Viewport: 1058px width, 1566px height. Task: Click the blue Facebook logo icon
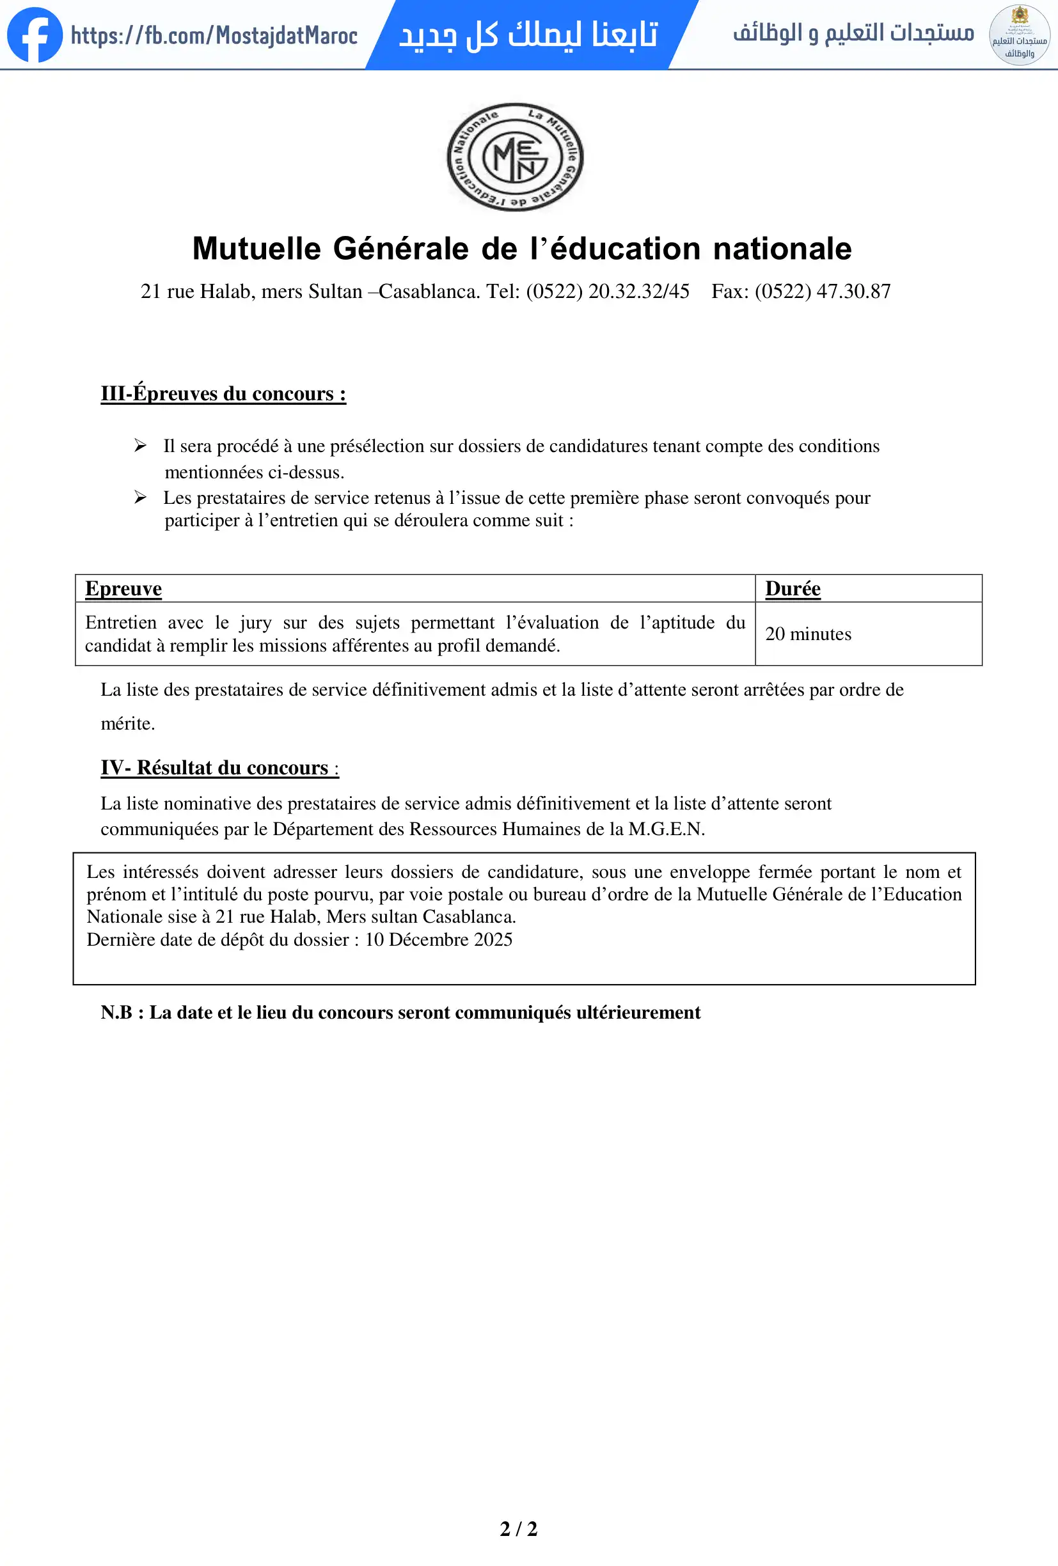pos(35,35)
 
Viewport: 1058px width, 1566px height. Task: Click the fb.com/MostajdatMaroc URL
pos(214,35)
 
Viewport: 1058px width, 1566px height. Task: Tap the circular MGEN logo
pos(516,157)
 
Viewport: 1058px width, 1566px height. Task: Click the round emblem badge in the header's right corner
pos(1019,35)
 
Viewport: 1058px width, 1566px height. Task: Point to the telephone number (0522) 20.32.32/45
pos(608,291)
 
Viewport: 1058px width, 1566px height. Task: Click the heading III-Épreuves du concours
pos(223,393)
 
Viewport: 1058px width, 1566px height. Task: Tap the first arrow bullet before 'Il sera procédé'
pos(140,446)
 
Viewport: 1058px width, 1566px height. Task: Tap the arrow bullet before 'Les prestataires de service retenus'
pos(140,497)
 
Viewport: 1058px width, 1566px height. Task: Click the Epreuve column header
pos(123,588)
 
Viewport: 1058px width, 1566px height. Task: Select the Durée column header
pos(793,588)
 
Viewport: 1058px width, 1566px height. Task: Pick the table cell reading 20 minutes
pos(808,634)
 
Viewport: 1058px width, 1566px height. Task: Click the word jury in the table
pos(255,623)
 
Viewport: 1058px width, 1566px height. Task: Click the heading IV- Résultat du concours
pos(219,767)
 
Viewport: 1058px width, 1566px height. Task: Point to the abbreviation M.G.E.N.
pos(666,829)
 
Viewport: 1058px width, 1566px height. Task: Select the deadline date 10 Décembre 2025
pos(439,940)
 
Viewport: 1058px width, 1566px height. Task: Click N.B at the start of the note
pos(116,1012)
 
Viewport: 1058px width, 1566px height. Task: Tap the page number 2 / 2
pos(518,1529)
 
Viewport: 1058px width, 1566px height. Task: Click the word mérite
pos(127,724)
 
